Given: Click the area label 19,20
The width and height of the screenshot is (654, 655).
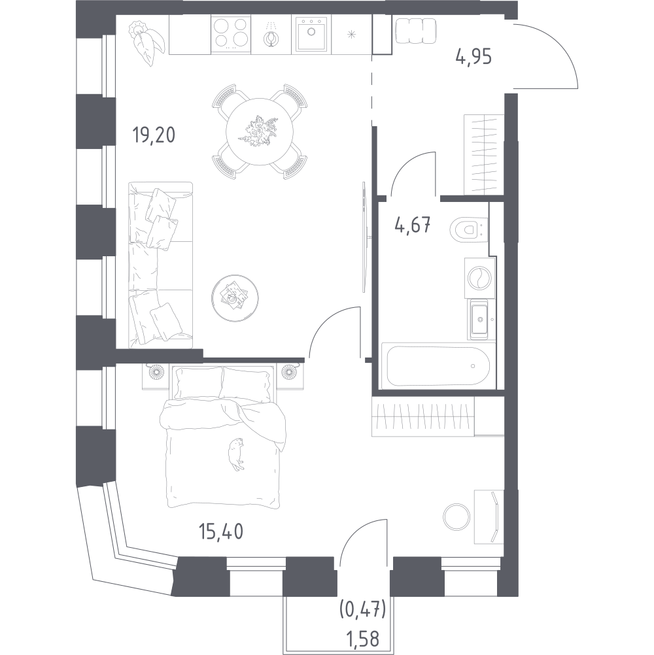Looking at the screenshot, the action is coord(154,135).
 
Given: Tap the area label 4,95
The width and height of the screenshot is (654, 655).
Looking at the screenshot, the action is coord(473,56).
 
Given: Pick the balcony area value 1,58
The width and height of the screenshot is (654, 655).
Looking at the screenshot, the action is coord(364,639).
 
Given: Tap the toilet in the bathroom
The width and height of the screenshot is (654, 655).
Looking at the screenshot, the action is coord(470,229).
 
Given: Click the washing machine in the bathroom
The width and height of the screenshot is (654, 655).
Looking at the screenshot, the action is coord(479,278).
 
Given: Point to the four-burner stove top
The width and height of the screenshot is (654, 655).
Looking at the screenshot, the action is coord(231,35).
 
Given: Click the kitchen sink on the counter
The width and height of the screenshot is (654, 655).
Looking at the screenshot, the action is coord(311,34).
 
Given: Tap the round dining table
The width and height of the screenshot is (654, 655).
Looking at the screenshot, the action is coord(260,131).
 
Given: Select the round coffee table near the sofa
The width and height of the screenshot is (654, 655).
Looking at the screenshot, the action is coord(235,298).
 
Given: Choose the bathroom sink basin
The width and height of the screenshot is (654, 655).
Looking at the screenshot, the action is coord(480,320).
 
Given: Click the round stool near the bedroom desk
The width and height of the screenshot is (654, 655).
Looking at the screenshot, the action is coord(456,517).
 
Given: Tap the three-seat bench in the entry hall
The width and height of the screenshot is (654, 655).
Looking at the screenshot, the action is coord(415,31).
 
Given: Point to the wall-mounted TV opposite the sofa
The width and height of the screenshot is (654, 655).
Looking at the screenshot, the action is coord(365,237).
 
